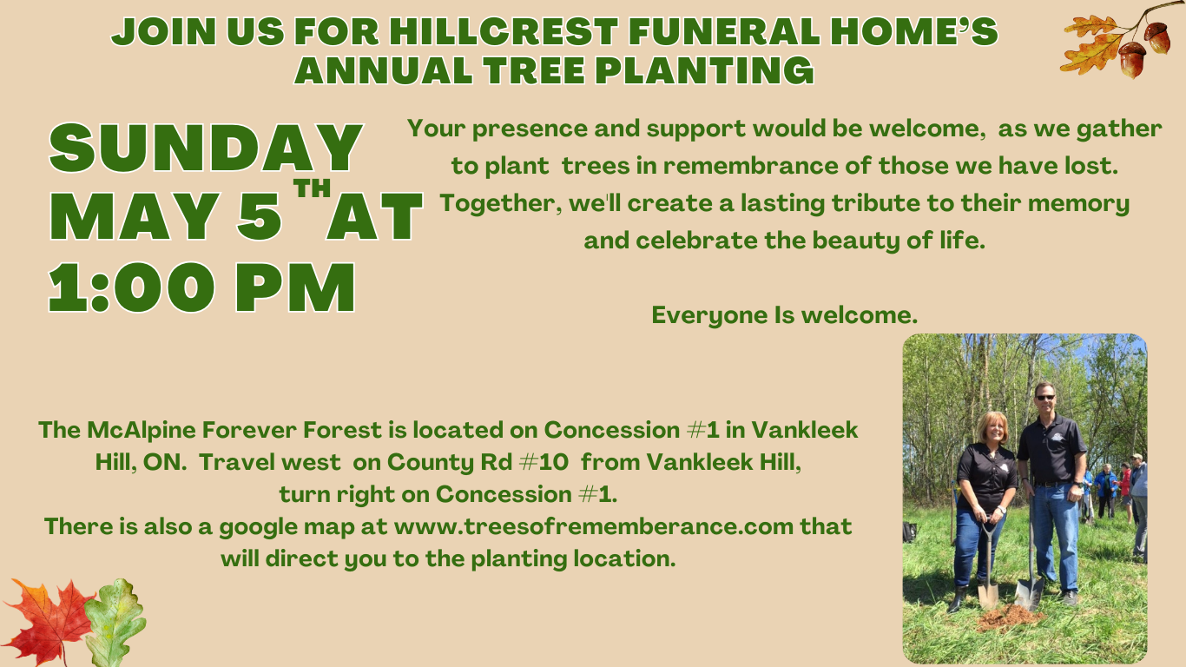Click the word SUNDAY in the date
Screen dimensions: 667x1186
pos(206,149)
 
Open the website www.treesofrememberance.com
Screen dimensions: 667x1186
pos(594,526)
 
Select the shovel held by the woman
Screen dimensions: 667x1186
pos(988,573)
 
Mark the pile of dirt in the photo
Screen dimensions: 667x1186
pos(1007,617)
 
